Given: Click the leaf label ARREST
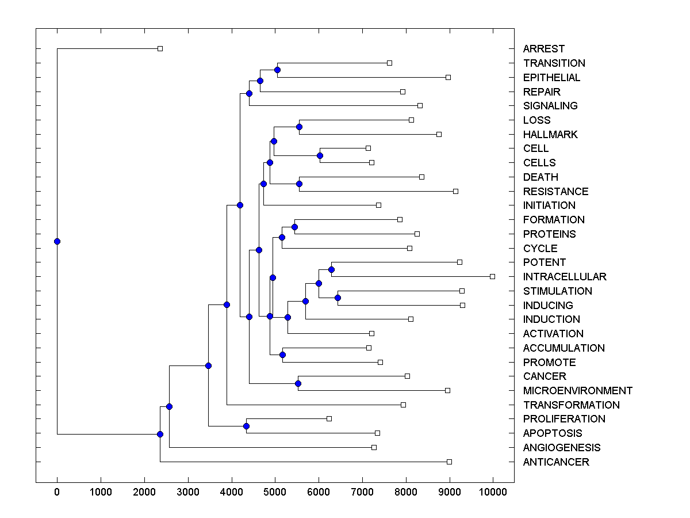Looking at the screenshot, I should (x=543, y=49).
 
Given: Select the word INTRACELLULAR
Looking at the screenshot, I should (x=564, y=277).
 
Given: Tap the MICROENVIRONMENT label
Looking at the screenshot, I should (x=577, y=391).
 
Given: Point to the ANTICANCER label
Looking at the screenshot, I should (x=555, y=462).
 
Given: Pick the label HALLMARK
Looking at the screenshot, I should (x=550, y=135).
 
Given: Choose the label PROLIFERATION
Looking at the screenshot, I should (x=563, y=419).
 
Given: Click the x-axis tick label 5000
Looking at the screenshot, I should (x=275, y=492).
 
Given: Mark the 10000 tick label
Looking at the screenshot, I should (x=493, y=492).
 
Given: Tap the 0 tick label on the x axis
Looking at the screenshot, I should (x=57, y=492).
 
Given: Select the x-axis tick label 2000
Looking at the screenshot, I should (x=144, y=492).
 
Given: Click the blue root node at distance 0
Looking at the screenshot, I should (x=57, y=241).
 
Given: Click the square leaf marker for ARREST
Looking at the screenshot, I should (x=160, y=48).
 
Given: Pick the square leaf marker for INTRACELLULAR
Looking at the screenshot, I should (x=492, y=276).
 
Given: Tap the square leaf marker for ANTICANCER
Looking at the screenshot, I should (x=449, y=462).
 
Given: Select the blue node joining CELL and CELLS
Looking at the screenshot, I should (x=320, y=155).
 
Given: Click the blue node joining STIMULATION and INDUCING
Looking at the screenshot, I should (x=338, y=298).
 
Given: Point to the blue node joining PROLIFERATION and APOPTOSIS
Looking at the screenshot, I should (x=246, y=426).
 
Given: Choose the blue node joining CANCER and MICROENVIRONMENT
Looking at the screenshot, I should (x=298, y=383).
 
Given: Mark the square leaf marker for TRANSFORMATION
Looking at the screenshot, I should (x=403, y=405).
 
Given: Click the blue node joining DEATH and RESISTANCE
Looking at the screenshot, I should (x=299, y=184).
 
